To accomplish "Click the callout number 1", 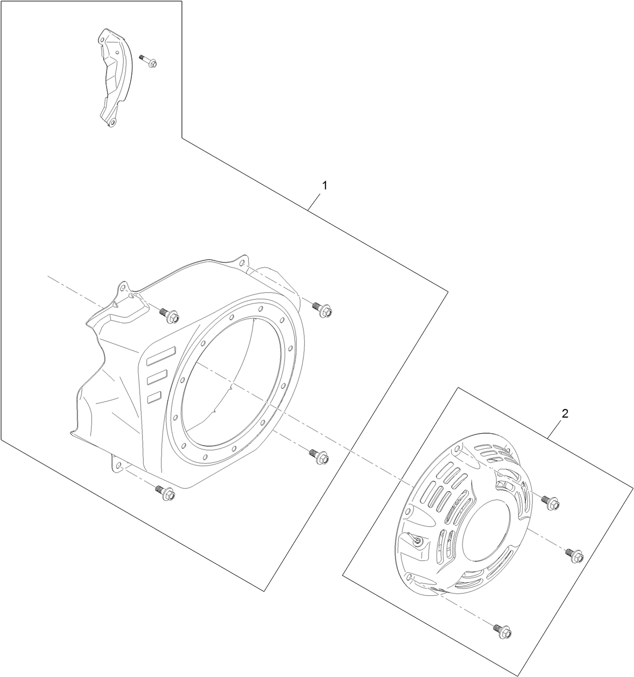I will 323,185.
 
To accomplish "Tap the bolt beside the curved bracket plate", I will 148,61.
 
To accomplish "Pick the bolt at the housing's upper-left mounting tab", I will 170,315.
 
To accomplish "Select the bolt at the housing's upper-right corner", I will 322,309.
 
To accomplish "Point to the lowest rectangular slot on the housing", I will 154,397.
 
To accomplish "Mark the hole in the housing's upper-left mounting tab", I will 122,287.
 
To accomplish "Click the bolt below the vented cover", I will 502,630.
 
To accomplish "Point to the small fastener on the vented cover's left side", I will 417,541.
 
